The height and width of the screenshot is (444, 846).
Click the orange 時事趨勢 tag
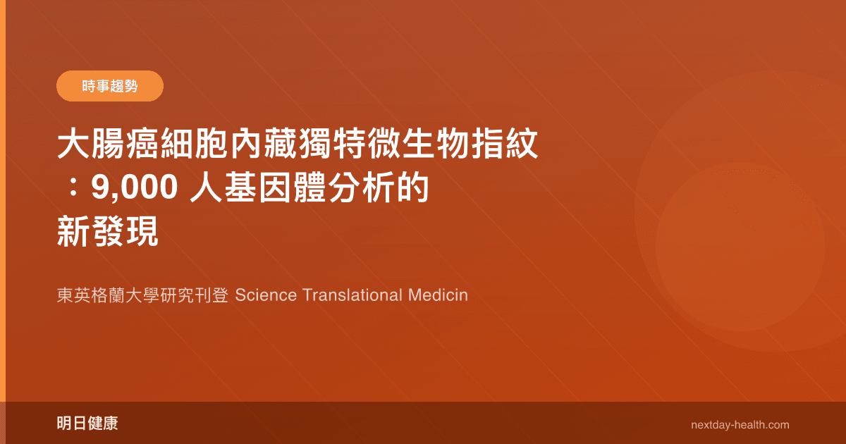tap(109, 87)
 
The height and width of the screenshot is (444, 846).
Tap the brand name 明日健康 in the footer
tap(87, 424)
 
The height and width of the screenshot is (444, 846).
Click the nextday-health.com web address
tap(740, 425)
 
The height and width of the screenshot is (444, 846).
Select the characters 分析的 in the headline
tap(384, 190)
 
